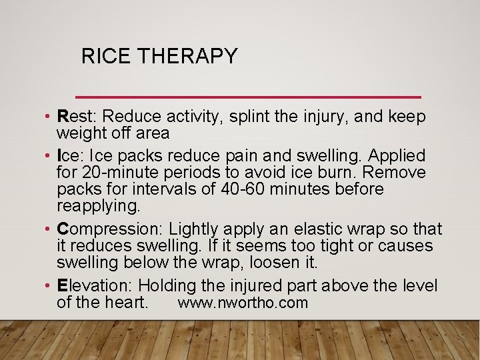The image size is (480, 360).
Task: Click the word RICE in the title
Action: coord(104,56)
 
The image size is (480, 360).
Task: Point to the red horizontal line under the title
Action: coord(249,97)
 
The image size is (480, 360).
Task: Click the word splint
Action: coord(248,117)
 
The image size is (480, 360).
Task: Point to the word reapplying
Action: coord(99,205)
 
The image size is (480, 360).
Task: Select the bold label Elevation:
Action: coord(95,286)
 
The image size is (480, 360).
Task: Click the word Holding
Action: coord(167,286)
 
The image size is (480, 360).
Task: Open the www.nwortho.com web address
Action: coord(243,303)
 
